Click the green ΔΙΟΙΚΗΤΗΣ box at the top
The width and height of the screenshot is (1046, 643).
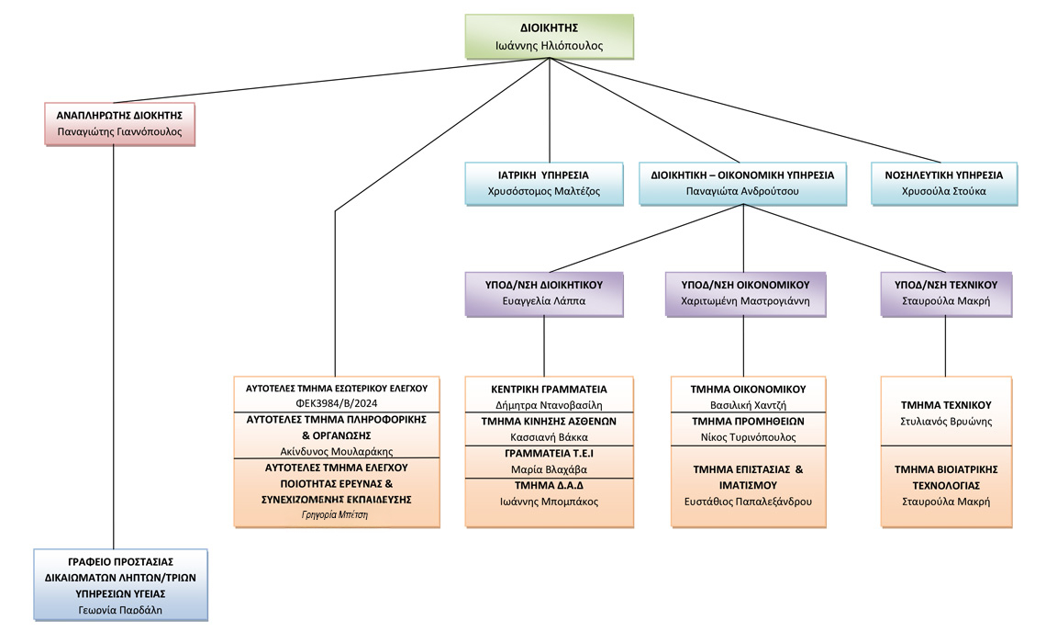coord(549,37)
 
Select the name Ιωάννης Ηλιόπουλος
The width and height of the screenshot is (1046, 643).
coord(549,45)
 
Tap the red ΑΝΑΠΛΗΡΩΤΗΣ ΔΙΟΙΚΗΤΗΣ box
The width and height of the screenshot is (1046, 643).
coord(119,123)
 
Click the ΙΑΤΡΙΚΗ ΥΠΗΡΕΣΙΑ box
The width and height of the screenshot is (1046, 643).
coord(544,183)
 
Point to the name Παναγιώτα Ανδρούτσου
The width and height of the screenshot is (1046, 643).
coord(742,191)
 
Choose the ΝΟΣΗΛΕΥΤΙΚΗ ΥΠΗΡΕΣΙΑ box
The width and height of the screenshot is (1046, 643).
coord(944,183)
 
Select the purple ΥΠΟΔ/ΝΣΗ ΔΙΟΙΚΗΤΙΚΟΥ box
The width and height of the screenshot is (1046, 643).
coord(544,293)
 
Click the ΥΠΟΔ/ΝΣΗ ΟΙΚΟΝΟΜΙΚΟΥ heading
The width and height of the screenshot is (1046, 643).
coord(745,285)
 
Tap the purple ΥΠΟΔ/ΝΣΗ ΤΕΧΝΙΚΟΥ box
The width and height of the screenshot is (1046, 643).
coord(946,293)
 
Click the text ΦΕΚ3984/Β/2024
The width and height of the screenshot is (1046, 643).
coord(337,403)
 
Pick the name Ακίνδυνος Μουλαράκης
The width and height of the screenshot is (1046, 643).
coord(337,451)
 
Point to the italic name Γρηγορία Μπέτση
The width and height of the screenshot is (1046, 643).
coord(335,514)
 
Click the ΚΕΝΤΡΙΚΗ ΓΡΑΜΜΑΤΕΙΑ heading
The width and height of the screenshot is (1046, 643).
coord(549,389)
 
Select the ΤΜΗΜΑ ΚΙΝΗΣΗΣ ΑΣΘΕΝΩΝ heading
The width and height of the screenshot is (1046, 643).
coord(549,421)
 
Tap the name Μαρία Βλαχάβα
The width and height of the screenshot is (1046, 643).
coord(549,468)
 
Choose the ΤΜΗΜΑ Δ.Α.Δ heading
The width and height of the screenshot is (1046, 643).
coord(549,485)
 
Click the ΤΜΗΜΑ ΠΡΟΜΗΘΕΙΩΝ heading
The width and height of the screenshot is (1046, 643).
coord(748,421)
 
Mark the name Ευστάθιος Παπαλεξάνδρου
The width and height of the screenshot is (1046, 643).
coord(748,502)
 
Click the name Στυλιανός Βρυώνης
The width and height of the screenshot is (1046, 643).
coord(946,422)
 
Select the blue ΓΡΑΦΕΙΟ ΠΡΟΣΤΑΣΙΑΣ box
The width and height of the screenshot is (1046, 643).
coord(121,585)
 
